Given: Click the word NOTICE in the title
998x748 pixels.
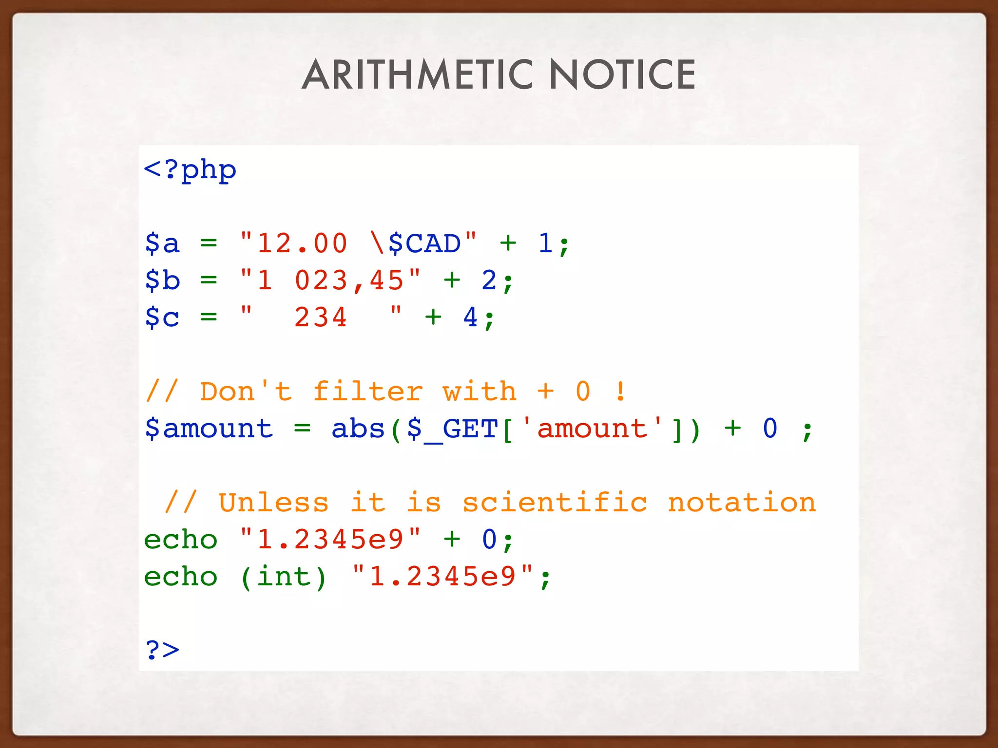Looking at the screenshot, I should tap(622, 75).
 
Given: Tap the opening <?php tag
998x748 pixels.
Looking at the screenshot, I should tap(190, 170).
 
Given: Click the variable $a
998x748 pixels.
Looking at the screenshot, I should tap(162, 243).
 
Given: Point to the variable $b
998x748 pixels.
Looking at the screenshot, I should tap(162, 280).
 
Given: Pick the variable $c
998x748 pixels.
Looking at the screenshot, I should tap(162, 318).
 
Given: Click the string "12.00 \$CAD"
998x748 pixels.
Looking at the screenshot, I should tap(358, 243).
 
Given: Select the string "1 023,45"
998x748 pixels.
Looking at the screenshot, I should tap(330, 280).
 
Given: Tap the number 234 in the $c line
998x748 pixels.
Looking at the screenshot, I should tap(320, 318).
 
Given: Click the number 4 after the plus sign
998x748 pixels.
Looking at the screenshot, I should tap(470, 318).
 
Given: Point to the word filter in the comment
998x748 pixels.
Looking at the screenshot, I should tap(367, 392).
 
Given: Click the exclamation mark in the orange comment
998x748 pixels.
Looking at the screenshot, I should tap(620, 392).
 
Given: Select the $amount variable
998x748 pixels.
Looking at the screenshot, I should tap(209, 429).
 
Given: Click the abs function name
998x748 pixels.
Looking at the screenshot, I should tap(358, 429).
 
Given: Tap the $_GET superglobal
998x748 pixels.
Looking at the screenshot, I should tap(452, 429).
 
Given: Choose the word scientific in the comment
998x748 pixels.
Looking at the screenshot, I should tap(555, 503).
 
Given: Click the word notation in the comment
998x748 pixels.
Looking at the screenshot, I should tap(742, 503).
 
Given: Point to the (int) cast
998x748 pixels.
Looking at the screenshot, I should tap(283, 577).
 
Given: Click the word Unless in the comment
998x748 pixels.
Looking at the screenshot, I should tap(273, 503).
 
